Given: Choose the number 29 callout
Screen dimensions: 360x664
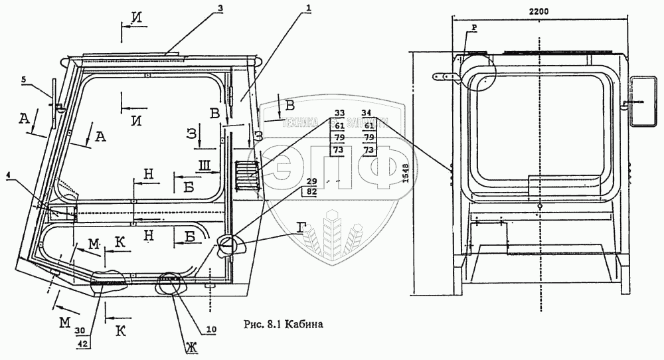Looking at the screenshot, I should click(x=312, y=181).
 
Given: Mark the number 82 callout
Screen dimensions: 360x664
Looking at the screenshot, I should click(x=312, y=192).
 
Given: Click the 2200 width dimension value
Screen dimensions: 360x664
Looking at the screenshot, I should click(x=538, y=12).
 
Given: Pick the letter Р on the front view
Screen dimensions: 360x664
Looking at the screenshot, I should click(x=475, y=27).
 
